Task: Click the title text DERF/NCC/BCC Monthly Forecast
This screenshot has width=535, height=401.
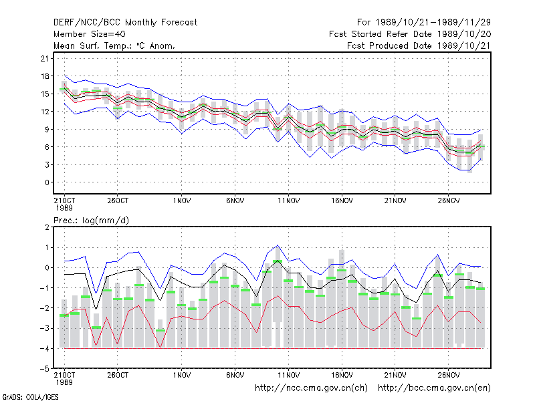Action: click(125, 23)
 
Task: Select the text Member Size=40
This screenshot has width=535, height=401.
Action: click(90, 34)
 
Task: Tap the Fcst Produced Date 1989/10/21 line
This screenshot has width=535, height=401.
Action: click(419, 45)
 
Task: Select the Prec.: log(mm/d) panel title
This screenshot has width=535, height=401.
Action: click(91, 221)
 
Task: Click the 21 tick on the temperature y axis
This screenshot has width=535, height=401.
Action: click(45, 58)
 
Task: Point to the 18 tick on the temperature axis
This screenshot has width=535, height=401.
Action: click(45, 76)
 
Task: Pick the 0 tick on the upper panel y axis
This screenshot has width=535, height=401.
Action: click(47, 182)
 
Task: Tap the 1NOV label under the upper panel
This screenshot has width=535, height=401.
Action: click(181, 201)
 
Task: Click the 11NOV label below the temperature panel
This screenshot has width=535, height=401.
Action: click(288, 201)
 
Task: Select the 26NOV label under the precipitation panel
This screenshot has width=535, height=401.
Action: click(448, 375)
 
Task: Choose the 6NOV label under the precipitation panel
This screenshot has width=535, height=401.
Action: click(235, 375)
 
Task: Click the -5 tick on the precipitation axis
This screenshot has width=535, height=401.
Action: click(45, 369)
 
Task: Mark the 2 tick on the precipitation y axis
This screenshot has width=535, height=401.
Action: click(47, 227)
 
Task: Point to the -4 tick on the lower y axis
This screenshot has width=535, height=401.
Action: click(45, 348)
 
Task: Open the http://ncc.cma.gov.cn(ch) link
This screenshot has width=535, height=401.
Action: click(311, 388)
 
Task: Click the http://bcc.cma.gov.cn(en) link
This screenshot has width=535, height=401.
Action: click(434, 388)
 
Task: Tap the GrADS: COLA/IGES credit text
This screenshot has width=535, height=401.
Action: click(30, 397)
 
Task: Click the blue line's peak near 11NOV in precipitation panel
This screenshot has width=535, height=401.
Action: click(278, 245)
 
